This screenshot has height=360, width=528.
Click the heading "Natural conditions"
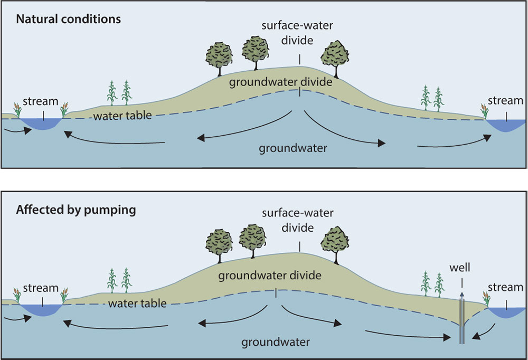coord(69,20)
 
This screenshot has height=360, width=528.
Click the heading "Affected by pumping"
coord(76,210)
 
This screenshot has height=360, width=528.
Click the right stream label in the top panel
coord(505,100)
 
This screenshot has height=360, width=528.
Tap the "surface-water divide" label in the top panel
coord(299,34)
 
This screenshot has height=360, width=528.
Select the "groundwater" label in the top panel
coord(293,148)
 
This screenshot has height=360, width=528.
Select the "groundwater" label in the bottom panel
coord(276,342)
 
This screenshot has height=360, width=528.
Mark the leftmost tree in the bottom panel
coord(220,241)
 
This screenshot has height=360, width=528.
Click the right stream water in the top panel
coord(505,125)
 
